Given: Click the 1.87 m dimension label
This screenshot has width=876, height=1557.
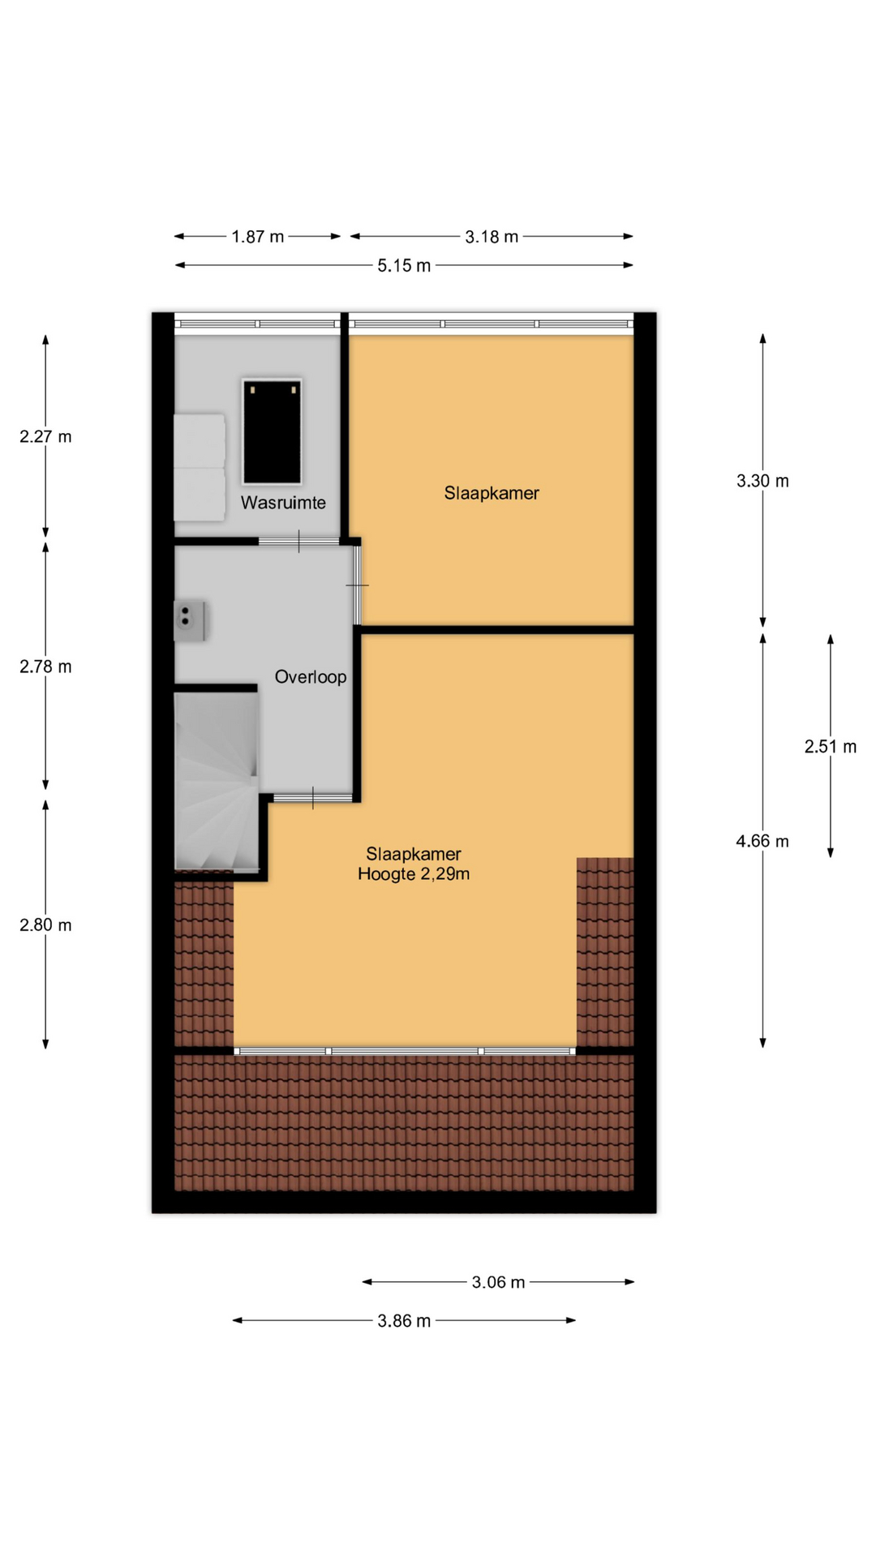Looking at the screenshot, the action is point(258,237).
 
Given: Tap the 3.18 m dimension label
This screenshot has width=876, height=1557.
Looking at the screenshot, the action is point(492,237).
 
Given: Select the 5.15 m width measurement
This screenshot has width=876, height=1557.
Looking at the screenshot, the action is point(404,265).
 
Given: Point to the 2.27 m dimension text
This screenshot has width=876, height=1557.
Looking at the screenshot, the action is point(45,436).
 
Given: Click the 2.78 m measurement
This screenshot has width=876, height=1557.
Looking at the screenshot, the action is point(45,667).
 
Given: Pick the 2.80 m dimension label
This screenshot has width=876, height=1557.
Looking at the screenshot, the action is point(45,924).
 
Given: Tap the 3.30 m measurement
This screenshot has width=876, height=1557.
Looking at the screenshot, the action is point(762,481).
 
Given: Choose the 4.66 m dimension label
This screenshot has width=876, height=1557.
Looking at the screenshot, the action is point(762,841).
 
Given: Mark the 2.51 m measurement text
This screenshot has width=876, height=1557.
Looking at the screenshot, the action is point(831,746).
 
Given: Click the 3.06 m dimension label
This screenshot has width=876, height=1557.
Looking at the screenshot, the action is point(498,1282).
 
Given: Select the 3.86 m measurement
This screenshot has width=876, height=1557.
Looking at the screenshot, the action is point(404,1321).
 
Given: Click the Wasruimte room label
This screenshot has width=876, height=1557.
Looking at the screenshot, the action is point(283,503).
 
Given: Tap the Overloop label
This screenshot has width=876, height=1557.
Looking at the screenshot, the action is point(311,677).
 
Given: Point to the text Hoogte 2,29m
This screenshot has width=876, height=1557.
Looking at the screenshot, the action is point(414,874).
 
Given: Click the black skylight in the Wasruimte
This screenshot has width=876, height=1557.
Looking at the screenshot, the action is point(272,432).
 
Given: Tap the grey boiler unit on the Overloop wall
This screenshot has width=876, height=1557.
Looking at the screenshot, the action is point(190,621).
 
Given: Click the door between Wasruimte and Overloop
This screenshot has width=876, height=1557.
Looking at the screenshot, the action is point(298,541).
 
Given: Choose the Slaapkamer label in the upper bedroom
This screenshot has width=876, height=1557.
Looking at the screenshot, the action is point(492,493).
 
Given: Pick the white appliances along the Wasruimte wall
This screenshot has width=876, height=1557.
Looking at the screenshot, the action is point(200,467).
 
